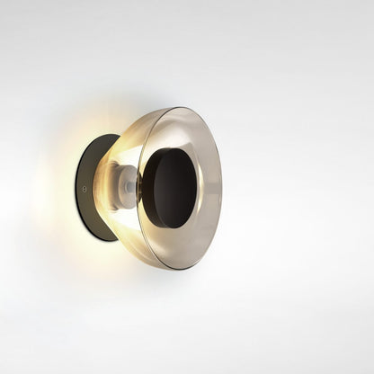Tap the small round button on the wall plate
(x=84, y=191)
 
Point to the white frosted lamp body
(x=127, y=186)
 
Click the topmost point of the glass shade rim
(x=180, y=108)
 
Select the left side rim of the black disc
(x=147, y=188)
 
